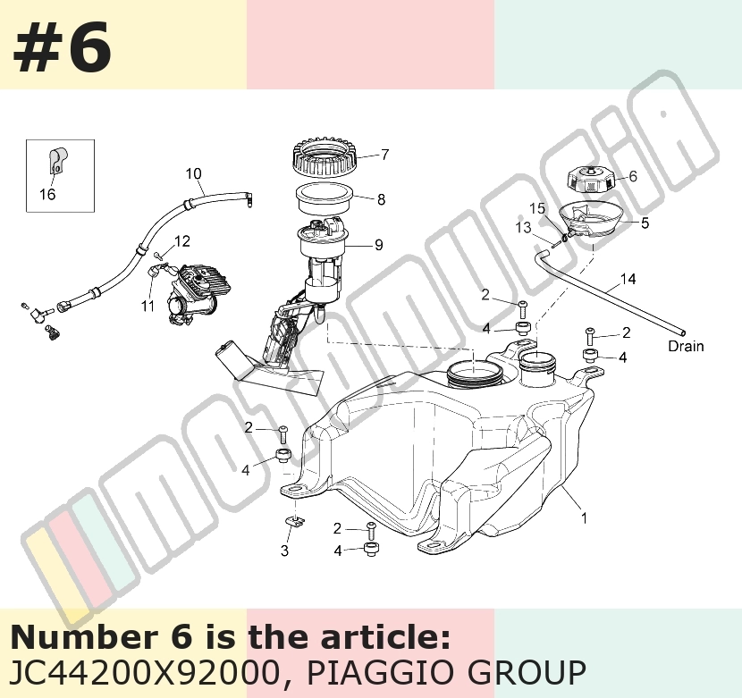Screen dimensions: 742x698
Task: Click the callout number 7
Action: (384, 155)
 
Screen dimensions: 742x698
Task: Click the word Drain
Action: (686, 346)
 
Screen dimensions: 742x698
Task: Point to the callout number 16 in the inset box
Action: (47, 194)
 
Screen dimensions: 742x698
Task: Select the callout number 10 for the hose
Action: (193, 173)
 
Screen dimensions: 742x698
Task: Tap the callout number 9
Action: (378, 245)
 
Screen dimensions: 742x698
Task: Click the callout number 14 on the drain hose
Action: (628, 279)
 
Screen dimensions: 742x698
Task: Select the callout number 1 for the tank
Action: (584, 518)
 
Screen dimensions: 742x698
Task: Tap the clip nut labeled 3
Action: (294, 521)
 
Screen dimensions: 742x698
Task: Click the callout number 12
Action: (182, 241)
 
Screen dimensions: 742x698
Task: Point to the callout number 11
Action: (148, 307)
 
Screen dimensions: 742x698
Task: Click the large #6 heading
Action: (62, 47)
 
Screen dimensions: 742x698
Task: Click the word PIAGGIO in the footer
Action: (386, 672)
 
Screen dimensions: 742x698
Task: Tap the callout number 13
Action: (523, 228)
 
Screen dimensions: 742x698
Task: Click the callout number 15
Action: (537, 208)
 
